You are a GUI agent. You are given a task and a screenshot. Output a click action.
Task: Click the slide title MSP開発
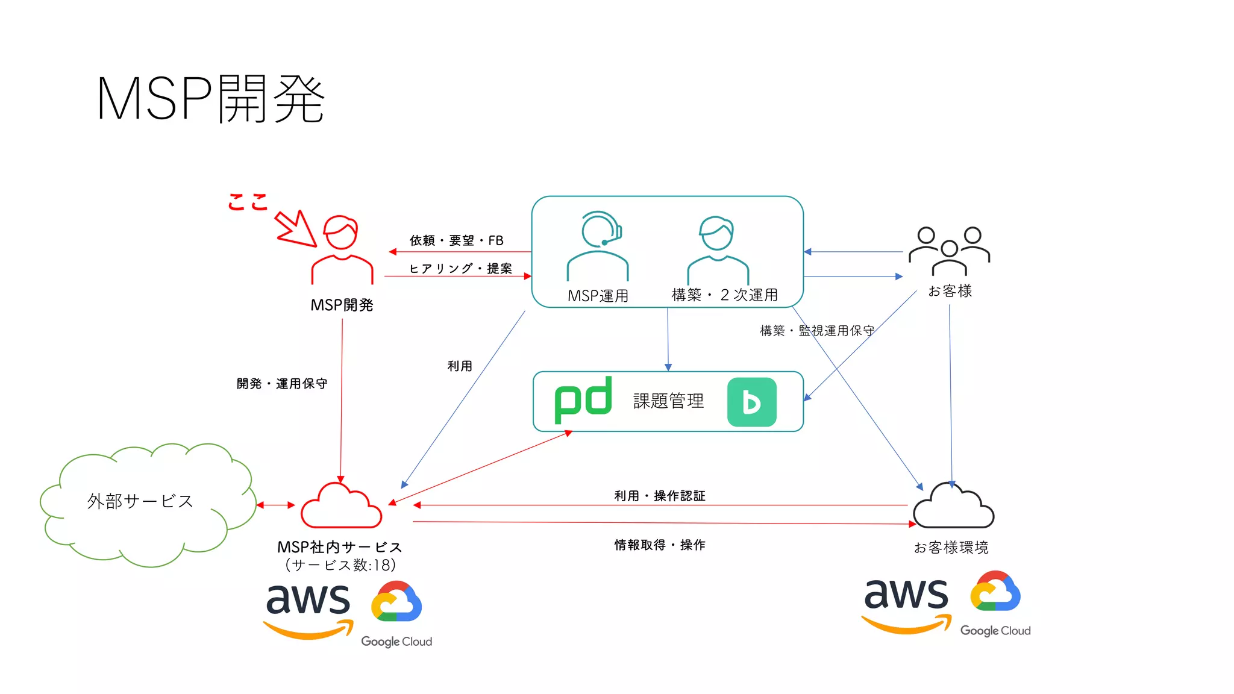[x=210, y=99]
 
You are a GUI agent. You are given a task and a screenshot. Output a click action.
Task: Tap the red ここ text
[x=248, y=202]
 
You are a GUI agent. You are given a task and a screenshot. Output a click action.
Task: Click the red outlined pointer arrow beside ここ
[x=296, y=229]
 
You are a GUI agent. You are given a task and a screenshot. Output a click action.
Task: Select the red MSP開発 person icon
[x=342, y=250]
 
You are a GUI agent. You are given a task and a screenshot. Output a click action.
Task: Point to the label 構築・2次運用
[x=724, y=295]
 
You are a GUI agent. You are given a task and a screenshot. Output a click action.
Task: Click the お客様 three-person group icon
[x=949, y=251]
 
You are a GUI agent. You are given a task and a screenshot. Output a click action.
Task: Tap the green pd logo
[x=583, y=400]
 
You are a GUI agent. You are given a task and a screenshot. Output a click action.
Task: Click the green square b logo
[x=751, y=402]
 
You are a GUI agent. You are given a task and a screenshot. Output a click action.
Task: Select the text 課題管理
[x=668, y=401]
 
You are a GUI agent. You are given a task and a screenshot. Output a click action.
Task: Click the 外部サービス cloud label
[x=140, y=501]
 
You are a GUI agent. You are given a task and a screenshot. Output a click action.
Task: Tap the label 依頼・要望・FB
[x=456, y=240]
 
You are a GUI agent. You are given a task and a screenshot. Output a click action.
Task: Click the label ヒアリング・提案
[x=460, y=268]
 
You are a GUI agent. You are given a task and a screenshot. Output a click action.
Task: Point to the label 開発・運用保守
[x=282, y=384]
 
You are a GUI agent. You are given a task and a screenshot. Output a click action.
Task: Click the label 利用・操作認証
[x=660, y=496]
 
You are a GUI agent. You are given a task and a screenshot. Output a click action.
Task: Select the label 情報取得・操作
[x=660, y=545]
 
